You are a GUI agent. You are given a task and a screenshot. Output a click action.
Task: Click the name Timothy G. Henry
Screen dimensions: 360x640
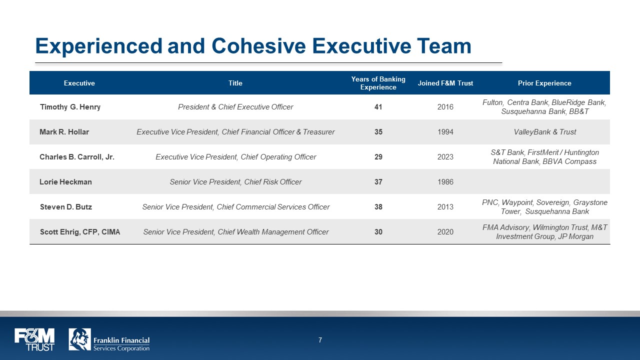tap(70, 107)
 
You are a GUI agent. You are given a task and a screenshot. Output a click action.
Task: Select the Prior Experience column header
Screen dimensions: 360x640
tap(544, 83)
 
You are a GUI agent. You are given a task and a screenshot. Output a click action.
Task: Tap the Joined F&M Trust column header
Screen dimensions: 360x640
tap(445, 83)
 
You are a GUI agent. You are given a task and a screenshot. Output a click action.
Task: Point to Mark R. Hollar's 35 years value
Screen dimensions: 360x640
tap(378, 132)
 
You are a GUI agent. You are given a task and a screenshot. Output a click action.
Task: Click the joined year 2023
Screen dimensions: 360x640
tap(445, 157)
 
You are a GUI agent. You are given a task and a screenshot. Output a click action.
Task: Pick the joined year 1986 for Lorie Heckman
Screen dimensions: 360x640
tap(445, 182)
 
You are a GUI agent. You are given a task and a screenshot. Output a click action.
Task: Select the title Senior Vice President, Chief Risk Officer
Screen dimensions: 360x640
tap(235, 182)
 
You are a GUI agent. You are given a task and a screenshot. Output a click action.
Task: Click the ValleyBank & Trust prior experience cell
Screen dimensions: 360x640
tap(544, 132)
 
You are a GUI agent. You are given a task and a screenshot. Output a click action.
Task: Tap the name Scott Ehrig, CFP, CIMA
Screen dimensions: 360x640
tap(80, 232)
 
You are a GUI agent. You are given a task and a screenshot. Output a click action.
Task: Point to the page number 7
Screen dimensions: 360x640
tap(320, 340)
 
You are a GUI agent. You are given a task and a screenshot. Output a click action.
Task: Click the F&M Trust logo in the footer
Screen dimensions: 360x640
tap(34, 339)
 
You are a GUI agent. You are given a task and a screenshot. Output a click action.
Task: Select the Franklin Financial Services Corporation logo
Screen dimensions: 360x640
tap(109, 339)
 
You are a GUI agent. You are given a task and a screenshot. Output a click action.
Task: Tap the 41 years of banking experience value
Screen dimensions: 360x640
tap(378, 107)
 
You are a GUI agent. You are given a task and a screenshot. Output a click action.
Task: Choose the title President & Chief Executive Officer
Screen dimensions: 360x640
tap(235, 107)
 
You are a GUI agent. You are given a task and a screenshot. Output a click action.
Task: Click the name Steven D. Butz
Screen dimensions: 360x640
tap(66, 207)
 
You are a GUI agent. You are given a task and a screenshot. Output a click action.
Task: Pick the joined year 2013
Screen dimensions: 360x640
tap(445, 207)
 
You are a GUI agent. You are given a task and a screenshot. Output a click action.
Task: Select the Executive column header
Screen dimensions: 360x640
tap(79, 83)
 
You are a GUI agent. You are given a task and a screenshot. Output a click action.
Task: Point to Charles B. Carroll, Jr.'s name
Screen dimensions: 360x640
tap(77, 157)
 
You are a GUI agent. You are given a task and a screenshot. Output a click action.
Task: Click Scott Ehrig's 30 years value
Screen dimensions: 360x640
tap(378, 232)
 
